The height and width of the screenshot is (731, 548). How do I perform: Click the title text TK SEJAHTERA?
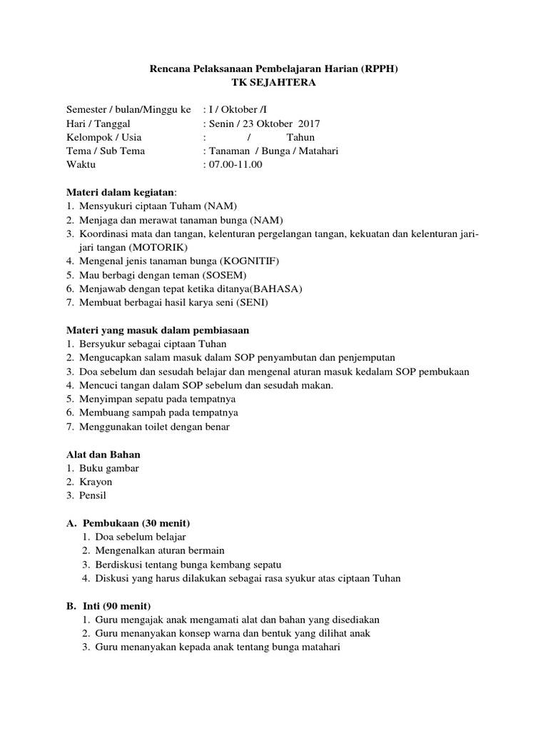(273, 83)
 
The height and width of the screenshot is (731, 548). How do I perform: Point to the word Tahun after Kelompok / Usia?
(300, 137)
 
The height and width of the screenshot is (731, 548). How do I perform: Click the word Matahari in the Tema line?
(315, 151)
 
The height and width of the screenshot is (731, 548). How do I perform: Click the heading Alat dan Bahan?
(103, 454)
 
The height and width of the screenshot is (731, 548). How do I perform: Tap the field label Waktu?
(81, 164)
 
